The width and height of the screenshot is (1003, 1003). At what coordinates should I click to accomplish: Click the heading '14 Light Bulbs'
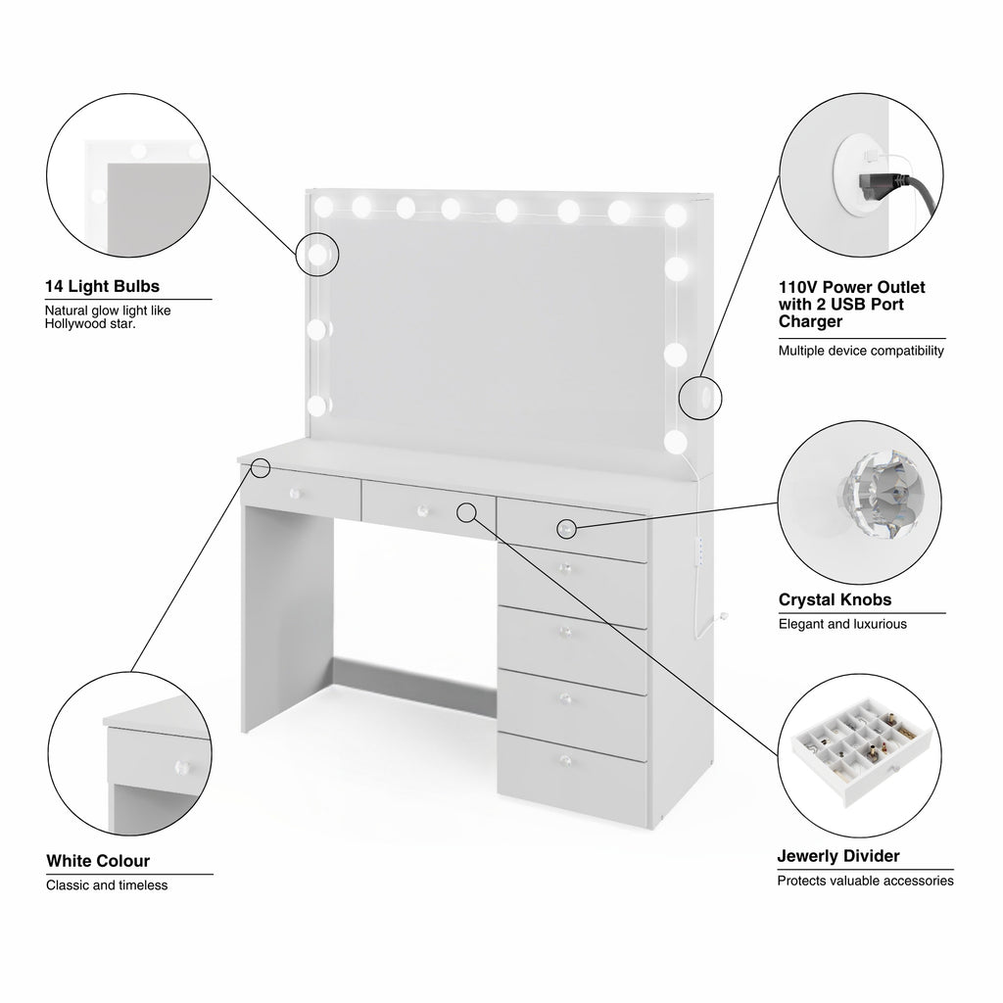coord(102,286)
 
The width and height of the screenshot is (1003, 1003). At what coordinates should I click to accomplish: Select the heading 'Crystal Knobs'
coord(835,599)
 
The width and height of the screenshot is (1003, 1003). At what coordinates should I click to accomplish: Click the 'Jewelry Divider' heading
coord(838,856)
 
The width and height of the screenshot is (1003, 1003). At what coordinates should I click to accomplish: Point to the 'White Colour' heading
coord(98,860)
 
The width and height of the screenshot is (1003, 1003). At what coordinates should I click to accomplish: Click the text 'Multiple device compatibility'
coord(861,351)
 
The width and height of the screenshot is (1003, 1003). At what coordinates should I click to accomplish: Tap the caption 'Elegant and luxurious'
coord(842,624)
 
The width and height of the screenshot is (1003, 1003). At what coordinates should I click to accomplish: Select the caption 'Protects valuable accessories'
coord(865,881)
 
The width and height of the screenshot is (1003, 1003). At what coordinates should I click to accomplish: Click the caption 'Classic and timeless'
coord(107,885)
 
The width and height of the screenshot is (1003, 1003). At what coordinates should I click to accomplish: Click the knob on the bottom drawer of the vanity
coord(565,759)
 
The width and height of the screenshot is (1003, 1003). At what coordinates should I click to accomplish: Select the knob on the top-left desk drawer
coord(295,494)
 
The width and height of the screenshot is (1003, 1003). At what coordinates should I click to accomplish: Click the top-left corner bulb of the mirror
coord(323,206)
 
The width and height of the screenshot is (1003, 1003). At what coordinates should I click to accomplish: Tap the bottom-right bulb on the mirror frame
coord(676,441)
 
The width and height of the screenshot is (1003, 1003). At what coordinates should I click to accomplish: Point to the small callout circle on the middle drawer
coord(467,511)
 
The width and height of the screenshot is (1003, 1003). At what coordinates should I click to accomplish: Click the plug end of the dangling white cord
coord(724,617)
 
